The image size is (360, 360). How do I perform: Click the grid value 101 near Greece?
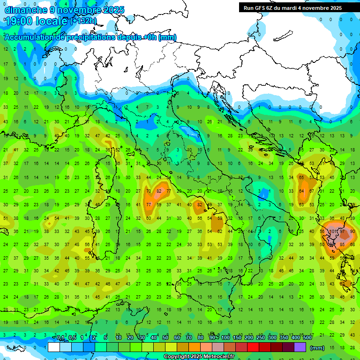pos(334,231)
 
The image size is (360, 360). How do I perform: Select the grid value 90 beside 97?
pos(353,231)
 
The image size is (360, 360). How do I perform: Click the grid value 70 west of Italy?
pos(149,191)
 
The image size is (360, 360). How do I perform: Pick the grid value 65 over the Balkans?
pos(301,178)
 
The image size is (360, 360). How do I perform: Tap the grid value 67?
pos(312,191)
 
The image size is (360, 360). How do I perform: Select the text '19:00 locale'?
pos(36,21)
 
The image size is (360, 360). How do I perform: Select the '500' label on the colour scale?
pos(307,338)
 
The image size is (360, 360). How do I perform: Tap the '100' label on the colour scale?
pos(225,338)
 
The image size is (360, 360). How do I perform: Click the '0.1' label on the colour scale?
pos(60,338)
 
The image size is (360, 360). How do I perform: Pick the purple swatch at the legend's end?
pos(300,347)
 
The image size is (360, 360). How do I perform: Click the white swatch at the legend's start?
pos(54,347)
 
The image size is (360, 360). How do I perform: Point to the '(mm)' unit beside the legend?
pos(318,347)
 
